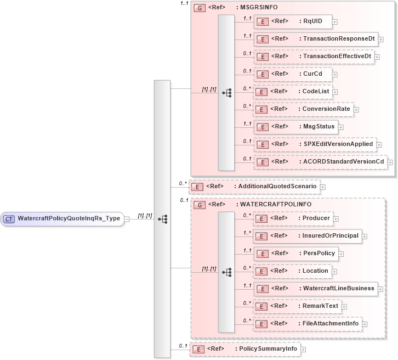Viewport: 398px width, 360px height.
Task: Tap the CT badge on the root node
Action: pyautogui.click(x=9, y=218)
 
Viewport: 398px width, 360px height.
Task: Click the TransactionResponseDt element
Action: pyautogui.click(x=316, y=39)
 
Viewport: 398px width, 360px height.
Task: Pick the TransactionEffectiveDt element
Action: pyautogui.click(x=314, y=57)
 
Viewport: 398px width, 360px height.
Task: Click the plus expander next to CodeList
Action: pyautogui.click(x=335, y=92)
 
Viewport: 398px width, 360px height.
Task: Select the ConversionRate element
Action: pyautogui.click(x=303, y=109)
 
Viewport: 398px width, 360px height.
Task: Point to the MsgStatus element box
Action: pyautogui.click(x=295, y=127)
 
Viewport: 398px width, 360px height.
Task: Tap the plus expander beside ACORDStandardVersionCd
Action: pyautogui.click(x=390, y=162)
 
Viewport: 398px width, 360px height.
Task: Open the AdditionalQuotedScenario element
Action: pyautogui.click(x=254, y=187)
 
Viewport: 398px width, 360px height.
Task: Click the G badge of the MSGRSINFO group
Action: pyautogui.click(x=200, y=8)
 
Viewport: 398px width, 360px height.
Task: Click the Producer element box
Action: pyautogui.click(x=293, y=218)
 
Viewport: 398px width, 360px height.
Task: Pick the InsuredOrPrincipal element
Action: pyautogui.click(x=307, y=236)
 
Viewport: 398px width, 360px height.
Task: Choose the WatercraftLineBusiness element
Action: pyautogui.click(x=315, y=289)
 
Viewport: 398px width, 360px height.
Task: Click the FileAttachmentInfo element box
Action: pyautogui.click(x=307, y=324)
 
